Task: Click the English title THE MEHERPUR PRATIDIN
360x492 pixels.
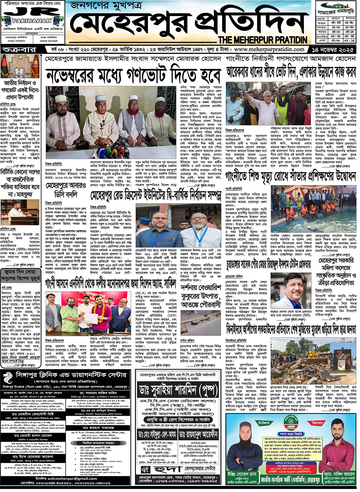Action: point(263,40)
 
